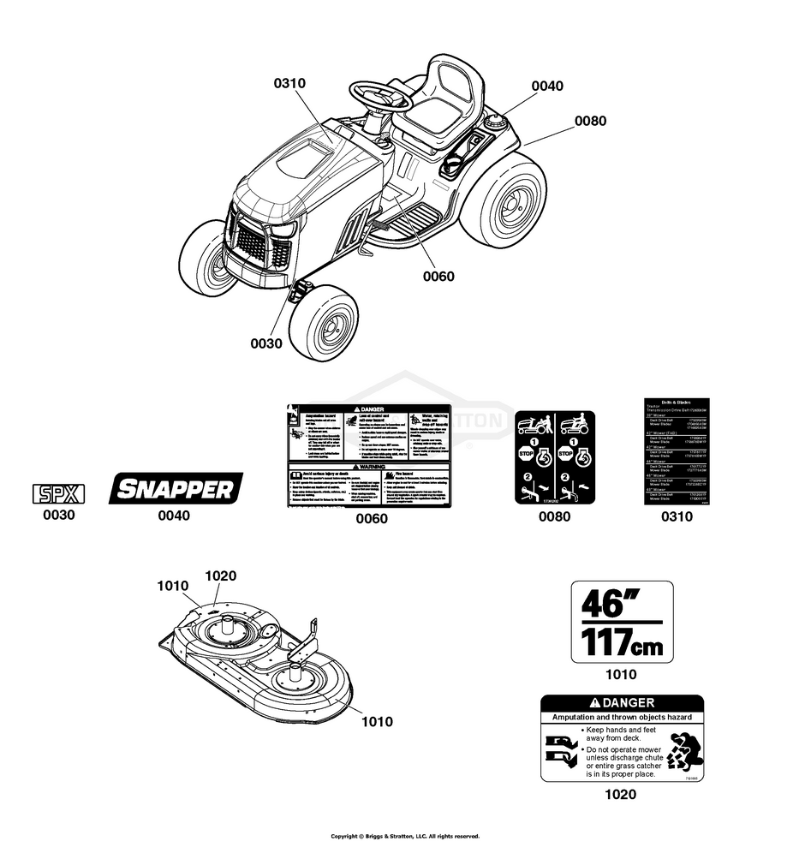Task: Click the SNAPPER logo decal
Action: [176, 489]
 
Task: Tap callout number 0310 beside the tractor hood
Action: [289, 83]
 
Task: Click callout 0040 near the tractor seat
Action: [547, 86]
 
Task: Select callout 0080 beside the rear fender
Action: [590, 121]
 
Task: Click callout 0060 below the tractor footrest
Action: [438, 276]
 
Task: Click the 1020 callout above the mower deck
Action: [220, 576]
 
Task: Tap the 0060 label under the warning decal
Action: [372, 518]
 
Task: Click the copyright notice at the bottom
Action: [405, 836]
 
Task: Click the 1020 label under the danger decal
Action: [620, 794]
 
